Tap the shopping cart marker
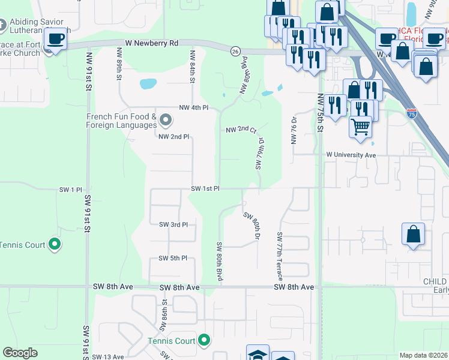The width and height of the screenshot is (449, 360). click(360, 127)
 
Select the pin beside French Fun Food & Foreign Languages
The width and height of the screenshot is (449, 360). click(166, 123)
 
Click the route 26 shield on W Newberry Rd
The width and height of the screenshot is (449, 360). click(235, 52)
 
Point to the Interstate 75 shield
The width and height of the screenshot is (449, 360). click(411, 112)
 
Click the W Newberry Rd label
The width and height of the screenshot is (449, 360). click(152, 43)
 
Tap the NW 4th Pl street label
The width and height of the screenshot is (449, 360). click(193, 107)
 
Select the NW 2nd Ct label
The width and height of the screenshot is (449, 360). click(241, 130)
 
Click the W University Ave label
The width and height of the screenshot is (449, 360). click(351, 155)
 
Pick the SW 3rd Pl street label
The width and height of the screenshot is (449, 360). click(173, 224)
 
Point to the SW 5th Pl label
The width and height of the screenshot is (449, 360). click(173, 258)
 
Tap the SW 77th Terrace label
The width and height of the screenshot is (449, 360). click(280, 255)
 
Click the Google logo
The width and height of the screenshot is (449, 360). click(20, 353)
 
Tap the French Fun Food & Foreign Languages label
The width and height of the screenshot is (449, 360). click(122, 121)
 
